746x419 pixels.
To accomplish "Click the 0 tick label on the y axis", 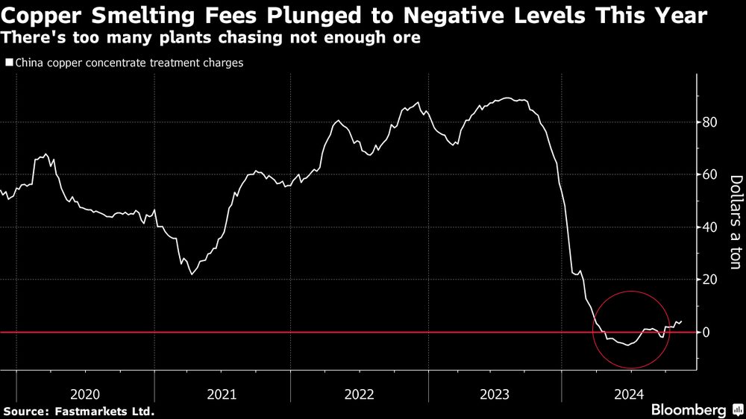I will (x=705, y=332).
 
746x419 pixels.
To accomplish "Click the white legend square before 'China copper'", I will (x=8, y=63).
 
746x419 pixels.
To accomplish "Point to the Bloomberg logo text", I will (x=688, y=409).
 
